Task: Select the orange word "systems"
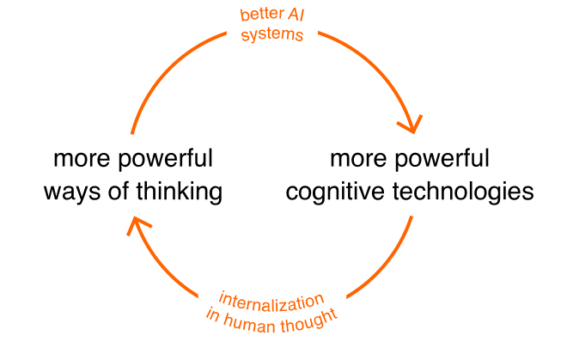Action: coord(272,36)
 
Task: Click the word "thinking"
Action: coord(180,190)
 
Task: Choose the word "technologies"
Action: coord(463,190)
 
